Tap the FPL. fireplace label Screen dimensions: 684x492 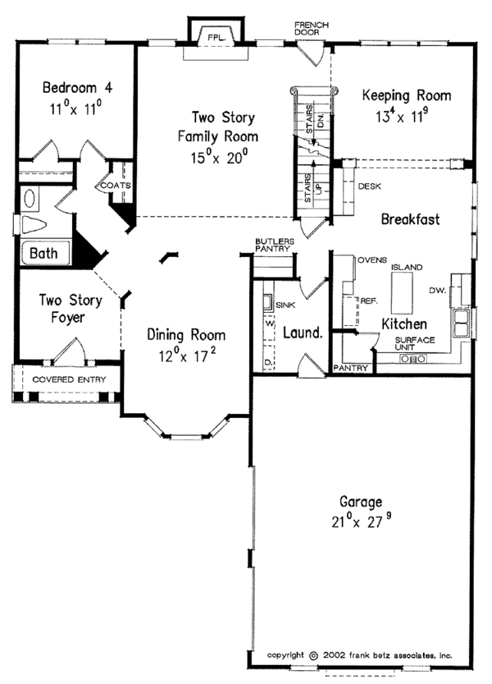216,37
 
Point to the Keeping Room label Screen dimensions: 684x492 407,95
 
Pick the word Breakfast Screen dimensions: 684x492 411,220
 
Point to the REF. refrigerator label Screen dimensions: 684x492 368,301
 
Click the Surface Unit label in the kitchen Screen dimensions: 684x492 414,345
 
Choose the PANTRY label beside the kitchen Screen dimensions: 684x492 350,369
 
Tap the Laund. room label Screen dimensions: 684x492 302,334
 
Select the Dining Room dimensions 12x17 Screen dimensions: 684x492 186,356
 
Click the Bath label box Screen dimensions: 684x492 43,254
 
